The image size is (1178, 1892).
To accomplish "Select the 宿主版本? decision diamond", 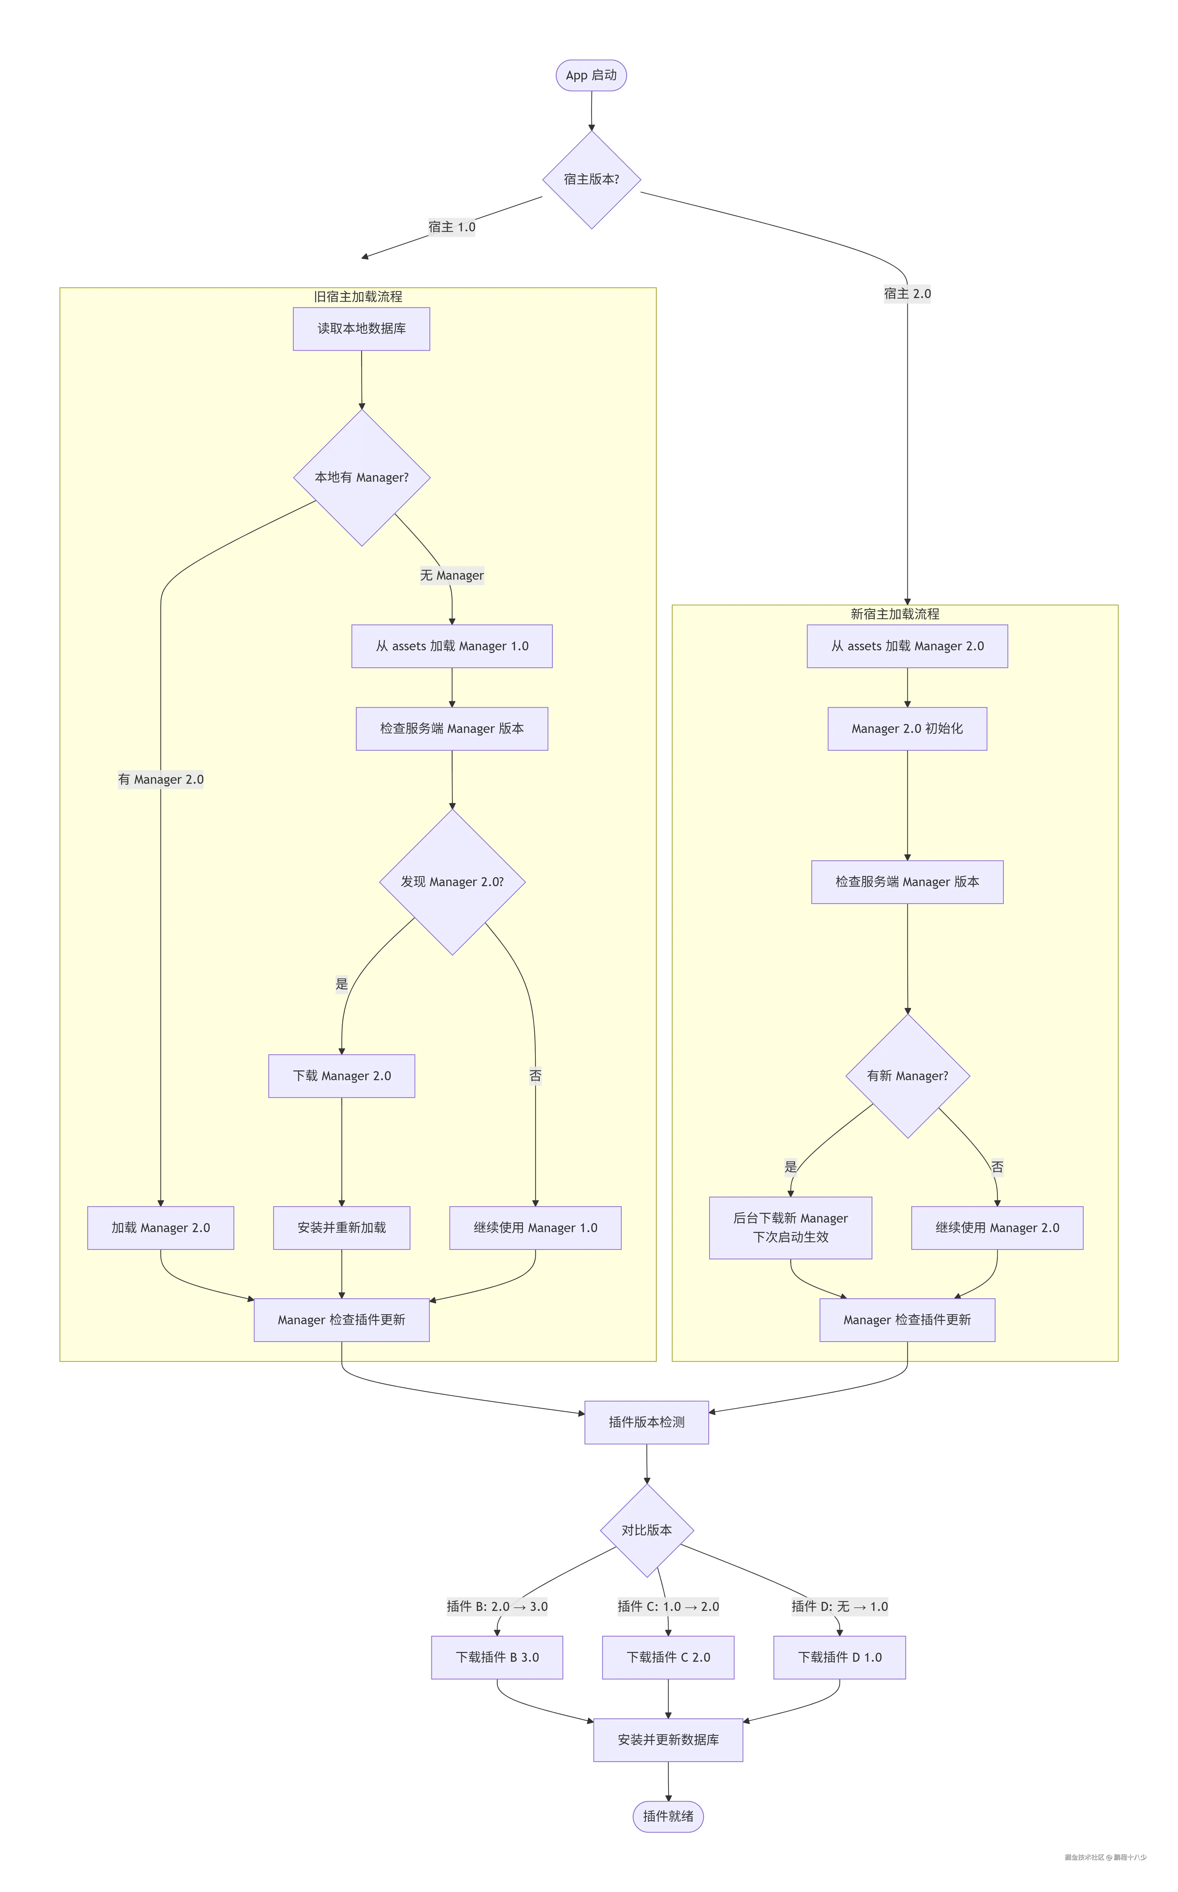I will [x=591, y=179].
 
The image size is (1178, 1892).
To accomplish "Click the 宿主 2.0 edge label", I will [x=907, y=294].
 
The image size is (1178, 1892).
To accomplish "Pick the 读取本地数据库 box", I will [x=361, y=329].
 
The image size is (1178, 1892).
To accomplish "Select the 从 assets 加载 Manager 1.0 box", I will [x=452, y=646].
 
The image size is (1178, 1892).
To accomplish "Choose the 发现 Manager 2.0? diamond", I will [x=452, y=882].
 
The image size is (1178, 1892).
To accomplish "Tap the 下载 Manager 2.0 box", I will [x=341, y=1076].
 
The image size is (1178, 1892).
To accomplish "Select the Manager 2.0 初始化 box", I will [x=907, y=729].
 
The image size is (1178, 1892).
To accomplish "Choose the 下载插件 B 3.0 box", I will [x=497, y=1657].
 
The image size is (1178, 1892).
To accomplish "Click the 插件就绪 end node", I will [x=668, y=1816].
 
